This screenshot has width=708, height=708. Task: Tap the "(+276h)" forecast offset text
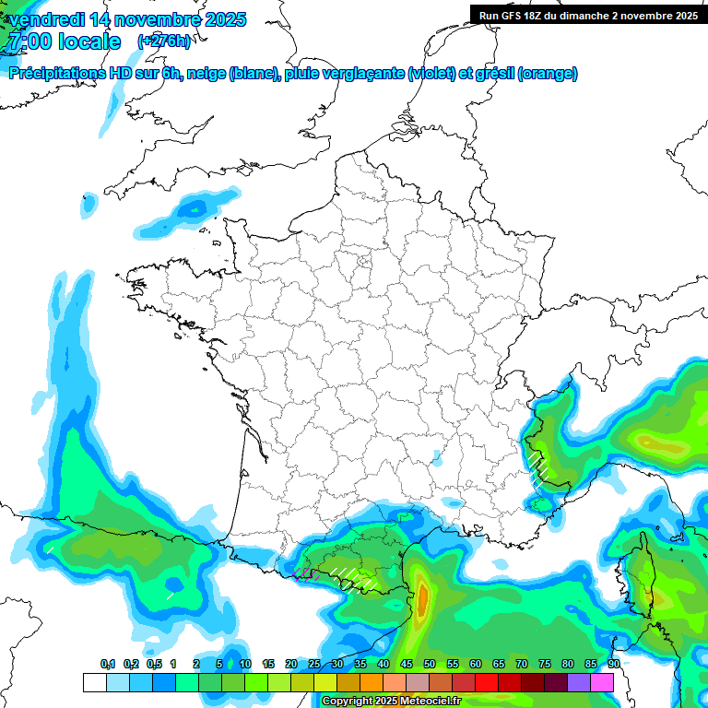pos(163,41)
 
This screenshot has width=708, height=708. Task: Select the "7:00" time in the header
pos(30,41)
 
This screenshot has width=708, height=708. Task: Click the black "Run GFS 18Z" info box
pos(588,15)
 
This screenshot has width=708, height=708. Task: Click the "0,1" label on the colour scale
pos(107,664)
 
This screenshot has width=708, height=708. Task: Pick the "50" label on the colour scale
pos(430,664)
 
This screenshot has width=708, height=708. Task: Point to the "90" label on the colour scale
pos(614,664)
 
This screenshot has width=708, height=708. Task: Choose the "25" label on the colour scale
pos(314,664)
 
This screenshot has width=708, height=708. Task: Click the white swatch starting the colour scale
pos(94,682)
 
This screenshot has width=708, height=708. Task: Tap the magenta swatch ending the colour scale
pos(602,682)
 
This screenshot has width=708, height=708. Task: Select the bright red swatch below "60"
pos(487,682)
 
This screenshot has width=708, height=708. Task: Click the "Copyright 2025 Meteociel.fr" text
pos(391,702)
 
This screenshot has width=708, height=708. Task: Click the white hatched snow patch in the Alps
pos(541,466)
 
